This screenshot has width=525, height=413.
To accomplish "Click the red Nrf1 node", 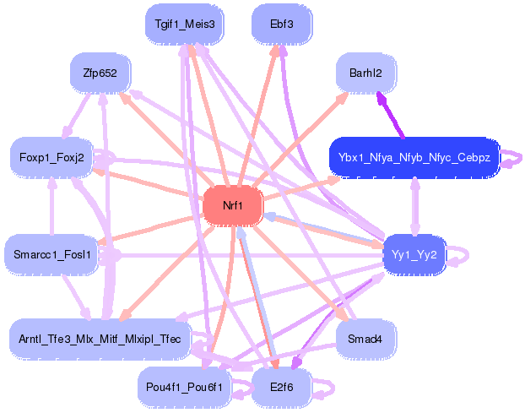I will point(233,206).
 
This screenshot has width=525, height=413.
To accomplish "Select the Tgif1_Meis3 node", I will point(184,24).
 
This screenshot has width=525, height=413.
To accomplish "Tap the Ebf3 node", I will point(282,24).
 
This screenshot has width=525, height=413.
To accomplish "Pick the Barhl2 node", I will point(365,73).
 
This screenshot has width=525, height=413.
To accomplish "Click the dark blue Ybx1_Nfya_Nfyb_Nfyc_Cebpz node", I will point(414,157).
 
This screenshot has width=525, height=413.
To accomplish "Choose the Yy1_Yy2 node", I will point(414,254).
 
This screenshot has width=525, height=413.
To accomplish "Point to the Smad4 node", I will point(365,340).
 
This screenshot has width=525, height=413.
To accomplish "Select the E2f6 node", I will point(282,388).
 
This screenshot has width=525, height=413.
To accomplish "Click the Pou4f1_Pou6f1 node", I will point(184,388).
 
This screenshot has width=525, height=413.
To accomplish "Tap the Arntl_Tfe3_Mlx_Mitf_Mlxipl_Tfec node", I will point(100,340).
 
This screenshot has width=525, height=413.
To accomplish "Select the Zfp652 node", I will point(100,73).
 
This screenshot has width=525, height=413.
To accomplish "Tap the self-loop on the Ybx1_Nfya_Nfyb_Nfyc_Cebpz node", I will point(509,157).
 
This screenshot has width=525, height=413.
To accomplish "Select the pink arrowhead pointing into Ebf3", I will point(274,50).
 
